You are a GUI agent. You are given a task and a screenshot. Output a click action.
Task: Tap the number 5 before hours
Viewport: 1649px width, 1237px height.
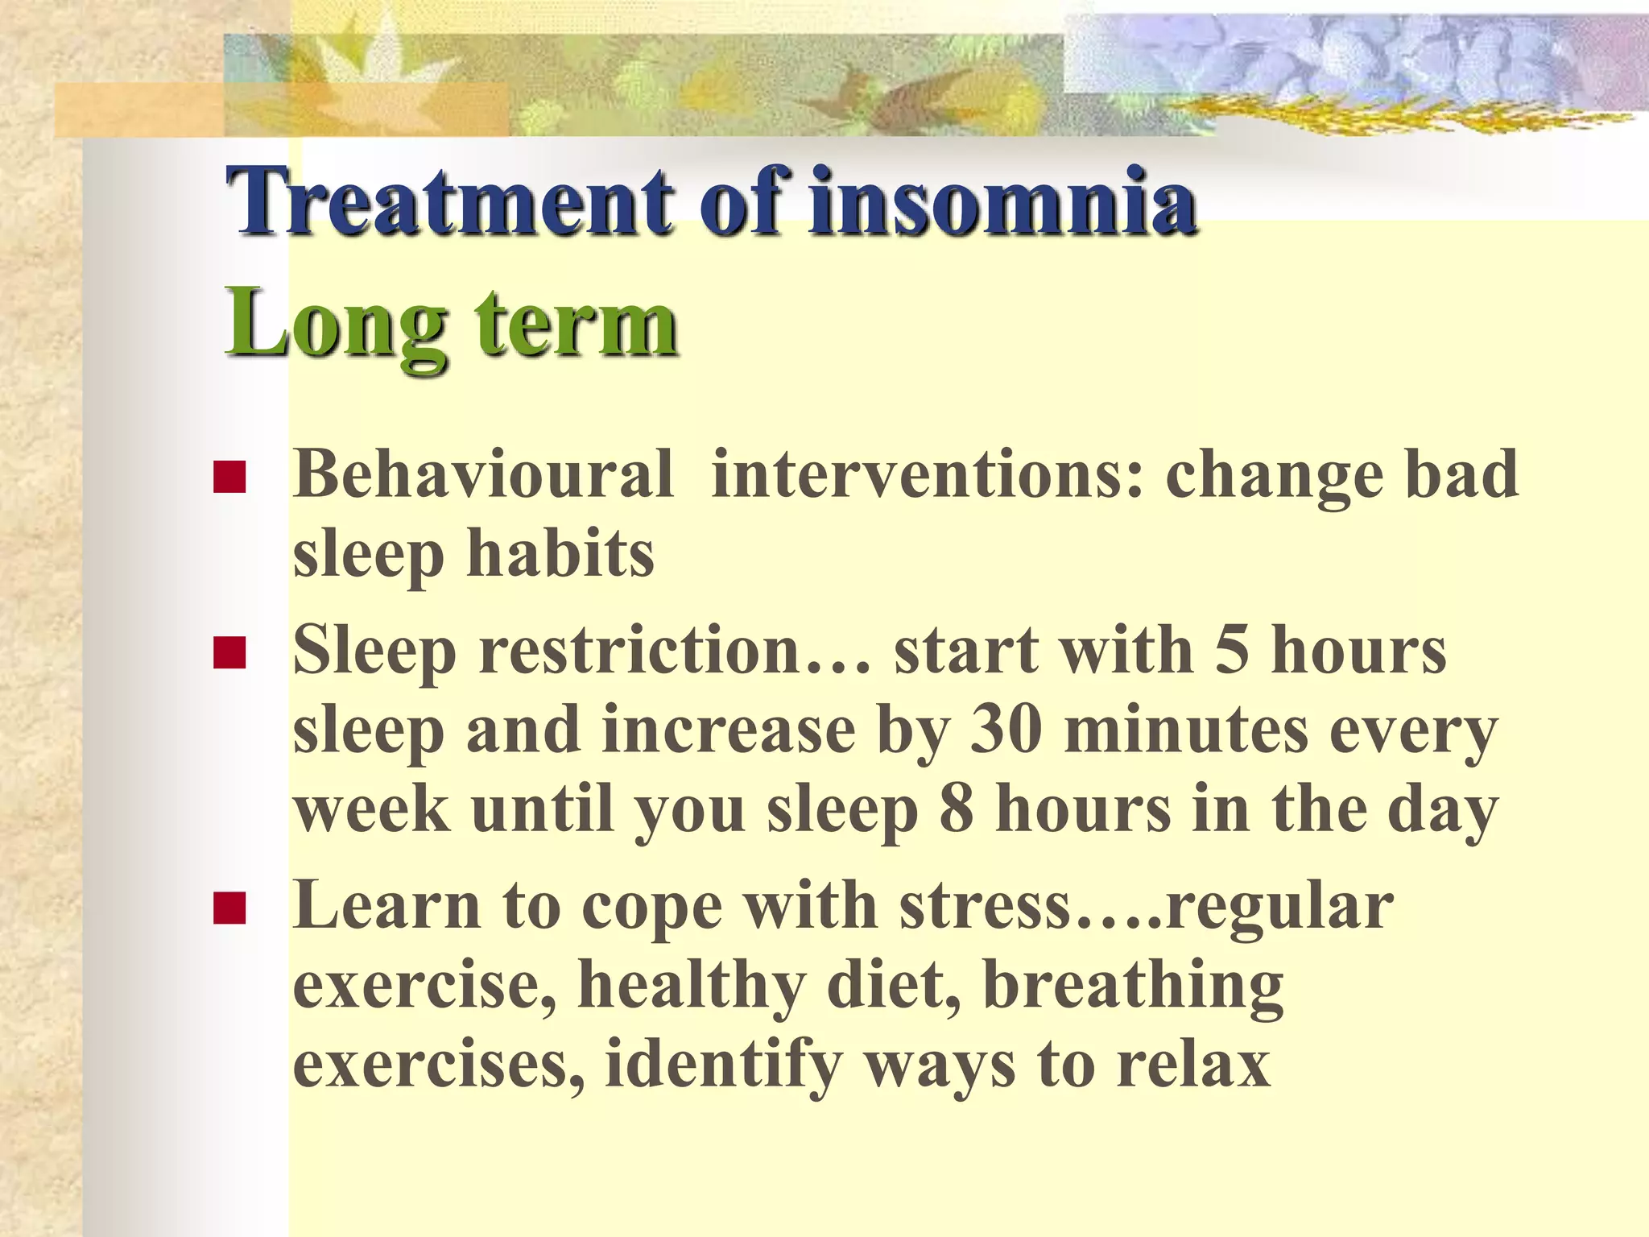click(x=1232, y=651)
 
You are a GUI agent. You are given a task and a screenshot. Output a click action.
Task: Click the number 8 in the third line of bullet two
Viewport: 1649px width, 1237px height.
click(x=957, y=809)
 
